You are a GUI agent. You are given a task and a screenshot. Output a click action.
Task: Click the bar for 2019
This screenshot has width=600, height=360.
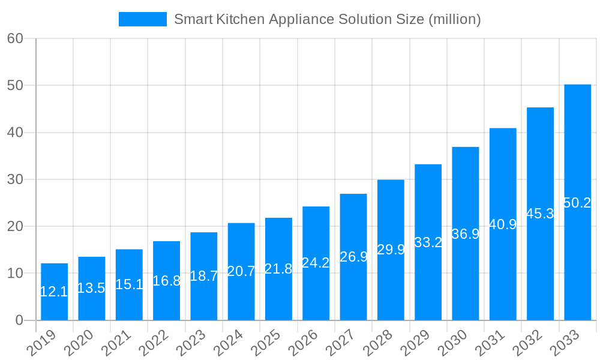54,292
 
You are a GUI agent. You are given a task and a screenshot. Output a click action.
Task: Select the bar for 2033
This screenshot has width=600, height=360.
577,202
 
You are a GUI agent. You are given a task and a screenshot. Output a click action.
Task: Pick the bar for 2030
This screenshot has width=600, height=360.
465,233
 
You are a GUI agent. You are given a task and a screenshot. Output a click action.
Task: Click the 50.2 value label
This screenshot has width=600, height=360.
577,203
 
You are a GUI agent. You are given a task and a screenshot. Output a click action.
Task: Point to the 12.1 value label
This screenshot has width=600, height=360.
54,292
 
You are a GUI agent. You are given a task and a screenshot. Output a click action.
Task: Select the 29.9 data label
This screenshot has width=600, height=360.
391,250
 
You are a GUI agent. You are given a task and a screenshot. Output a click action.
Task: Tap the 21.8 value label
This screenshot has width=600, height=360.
278,269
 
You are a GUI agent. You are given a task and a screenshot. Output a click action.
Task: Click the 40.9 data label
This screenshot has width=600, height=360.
503,224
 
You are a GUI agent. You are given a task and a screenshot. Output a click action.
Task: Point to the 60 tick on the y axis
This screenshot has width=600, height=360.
15,38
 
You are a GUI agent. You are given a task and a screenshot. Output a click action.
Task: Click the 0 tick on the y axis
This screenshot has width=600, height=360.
19,320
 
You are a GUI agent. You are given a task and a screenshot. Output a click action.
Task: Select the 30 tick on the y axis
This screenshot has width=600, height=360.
15,179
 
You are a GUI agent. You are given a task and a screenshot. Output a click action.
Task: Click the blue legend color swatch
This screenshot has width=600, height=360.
143,19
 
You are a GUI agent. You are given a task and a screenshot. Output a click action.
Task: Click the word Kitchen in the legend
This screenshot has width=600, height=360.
243,19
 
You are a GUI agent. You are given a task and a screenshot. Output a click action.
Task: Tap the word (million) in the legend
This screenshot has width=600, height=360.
454,19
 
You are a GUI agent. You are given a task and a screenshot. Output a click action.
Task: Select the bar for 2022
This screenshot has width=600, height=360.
166,280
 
